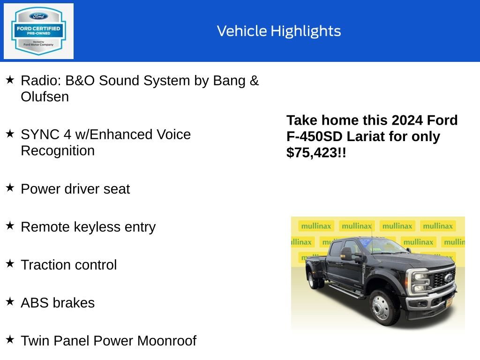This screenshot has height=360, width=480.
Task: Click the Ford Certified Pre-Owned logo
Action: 38,31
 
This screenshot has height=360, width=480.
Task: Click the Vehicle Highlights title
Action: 279,31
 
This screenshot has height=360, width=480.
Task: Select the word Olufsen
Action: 45,97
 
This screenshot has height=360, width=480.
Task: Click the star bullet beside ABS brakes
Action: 10,302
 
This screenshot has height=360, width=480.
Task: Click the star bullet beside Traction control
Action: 10,264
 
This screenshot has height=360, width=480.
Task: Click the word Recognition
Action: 58,151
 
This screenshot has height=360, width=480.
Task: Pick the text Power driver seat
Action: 75,189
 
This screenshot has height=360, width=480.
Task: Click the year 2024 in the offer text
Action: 407,120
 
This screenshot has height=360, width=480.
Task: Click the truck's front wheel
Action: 381,307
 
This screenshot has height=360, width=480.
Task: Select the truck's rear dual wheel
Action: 312,280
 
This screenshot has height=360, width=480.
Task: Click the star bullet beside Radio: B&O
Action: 10,80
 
